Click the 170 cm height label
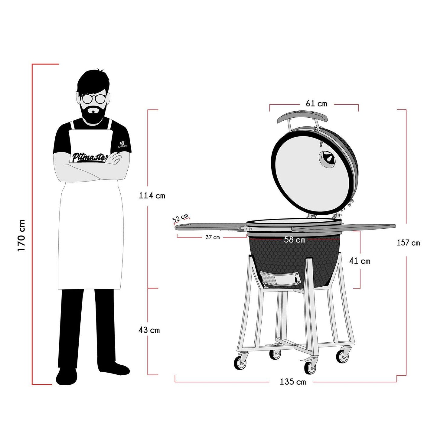pos(21,236)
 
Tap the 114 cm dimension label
pos(152,196)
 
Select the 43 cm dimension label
pos(149,330)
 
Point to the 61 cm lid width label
pos(316,103)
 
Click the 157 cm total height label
pos(408,243)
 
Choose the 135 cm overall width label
pos(293,382)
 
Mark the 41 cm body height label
pos(360,261)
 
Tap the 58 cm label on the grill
pos(295,240)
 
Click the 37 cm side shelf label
pos(213,237)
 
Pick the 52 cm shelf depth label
pos(181,218)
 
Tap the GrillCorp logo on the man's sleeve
pos(122,144)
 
